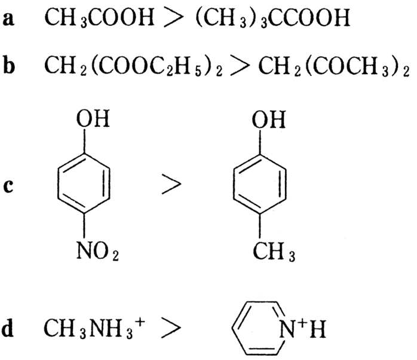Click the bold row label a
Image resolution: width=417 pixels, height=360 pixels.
(8, 19)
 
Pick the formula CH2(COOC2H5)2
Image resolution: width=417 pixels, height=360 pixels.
(133, 65)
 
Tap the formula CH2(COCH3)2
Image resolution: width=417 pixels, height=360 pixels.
(334, 66)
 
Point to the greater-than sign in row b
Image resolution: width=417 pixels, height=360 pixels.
(241, 65)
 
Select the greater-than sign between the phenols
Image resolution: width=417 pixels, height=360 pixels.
(171, 184)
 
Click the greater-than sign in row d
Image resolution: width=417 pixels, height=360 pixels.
(171, 328)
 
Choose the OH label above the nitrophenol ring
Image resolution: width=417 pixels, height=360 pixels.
(93, 119)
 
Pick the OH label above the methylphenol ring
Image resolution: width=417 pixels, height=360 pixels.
(269, 119)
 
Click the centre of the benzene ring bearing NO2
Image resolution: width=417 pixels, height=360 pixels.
(84, 183)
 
